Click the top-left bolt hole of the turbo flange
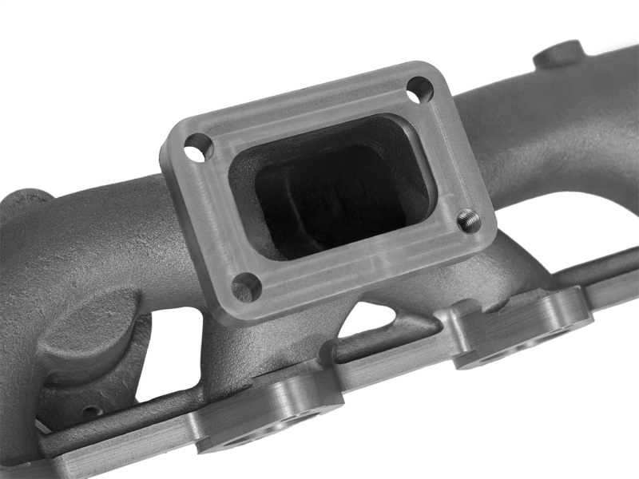(x=198, y=148)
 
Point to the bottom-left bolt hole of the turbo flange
(x=245, y=285)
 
